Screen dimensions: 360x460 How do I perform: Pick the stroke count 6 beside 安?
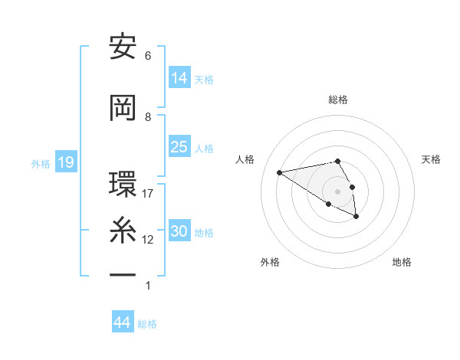pyautogui.click(x=148, y=56)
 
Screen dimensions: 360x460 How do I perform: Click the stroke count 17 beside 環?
pyautogui.click(x=148, y=194)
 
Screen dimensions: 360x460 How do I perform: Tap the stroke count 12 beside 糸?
pyautogui.click(x=148, y=240)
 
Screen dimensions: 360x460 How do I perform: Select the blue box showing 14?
pyautogui.click(x=179, y=77)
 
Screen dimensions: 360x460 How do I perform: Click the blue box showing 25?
pyautogui.click(x=179, y=146)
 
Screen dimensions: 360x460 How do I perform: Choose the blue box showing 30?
pyautogui.click(x=179, y=231)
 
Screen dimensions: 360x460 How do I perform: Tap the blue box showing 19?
pyautogui.click(x=65, y=162)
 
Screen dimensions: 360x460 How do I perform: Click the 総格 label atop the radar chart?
pyautogui.click(x=338, y=100)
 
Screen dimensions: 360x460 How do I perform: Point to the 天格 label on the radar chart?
pyautogui.click(x=431, y=159)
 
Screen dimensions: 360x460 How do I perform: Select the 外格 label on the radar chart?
pyautogui.click(x=270, y=263)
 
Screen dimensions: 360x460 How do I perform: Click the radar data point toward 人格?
pyautogui.click(x=280, y=172)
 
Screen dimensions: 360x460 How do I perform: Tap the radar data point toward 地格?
pyautogui.click(x=356, y=217)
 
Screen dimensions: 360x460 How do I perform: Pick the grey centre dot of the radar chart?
pyautogui.click(x=338, y=191)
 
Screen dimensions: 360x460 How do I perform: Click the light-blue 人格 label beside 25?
pyautogui.click(x=204, y=148)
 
